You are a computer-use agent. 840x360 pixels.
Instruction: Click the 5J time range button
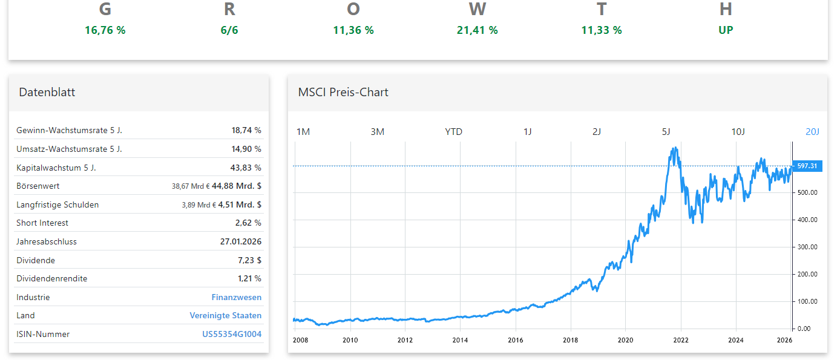click(x=666, y=132)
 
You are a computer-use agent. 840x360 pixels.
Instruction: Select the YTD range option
click(x=453, y=132)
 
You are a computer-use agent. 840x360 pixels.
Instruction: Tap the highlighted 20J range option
click(x=812, y=132)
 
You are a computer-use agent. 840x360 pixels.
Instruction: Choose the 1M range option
click(x=303, y=132)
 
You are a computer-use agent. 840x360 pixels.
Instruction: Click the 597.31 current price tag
click(x=807, y=166)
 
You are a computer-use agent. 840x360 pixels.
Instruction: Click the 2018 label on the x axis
click(x=570, y=340)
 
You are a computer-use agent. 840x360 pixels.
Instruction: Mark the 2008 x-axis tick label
click(x=300, y=340)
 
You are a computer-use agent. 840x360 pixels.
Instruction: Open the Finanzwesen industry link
click(x=237, y=297)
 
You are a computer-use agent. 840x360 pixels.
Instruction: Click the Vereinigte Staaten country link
click(x=226, y=315)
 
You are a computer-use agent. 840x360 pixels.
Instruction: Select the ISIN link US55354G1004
click(x=232, y=334)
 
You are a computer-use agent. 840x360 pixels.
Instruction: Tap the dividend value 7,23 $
click(x=249, y=260)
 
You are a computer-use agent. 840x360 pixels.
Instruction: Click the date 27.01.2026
click(x=241, y=241)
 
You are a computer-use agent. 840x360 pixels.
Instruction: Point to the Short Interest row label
click(x=42, y=223)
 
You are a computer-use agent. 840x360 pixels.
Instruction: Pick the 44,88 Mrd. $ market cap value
click(x=237, y=186)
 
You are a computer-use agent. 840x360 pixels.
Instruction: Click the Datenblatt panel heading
click(x=47, y=93)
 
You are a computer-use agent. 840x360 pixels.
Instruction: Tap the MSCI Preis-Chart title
click(x=343, y=93)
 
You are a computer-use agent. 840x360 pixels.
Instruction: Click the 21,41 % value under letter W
click(x=477, y=30)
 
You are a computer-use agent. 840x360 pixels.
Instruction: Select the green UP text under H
click(x=726, y=30)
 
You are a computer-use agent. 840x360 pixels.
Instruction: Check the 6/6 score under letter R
click(x=229, y=30)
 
